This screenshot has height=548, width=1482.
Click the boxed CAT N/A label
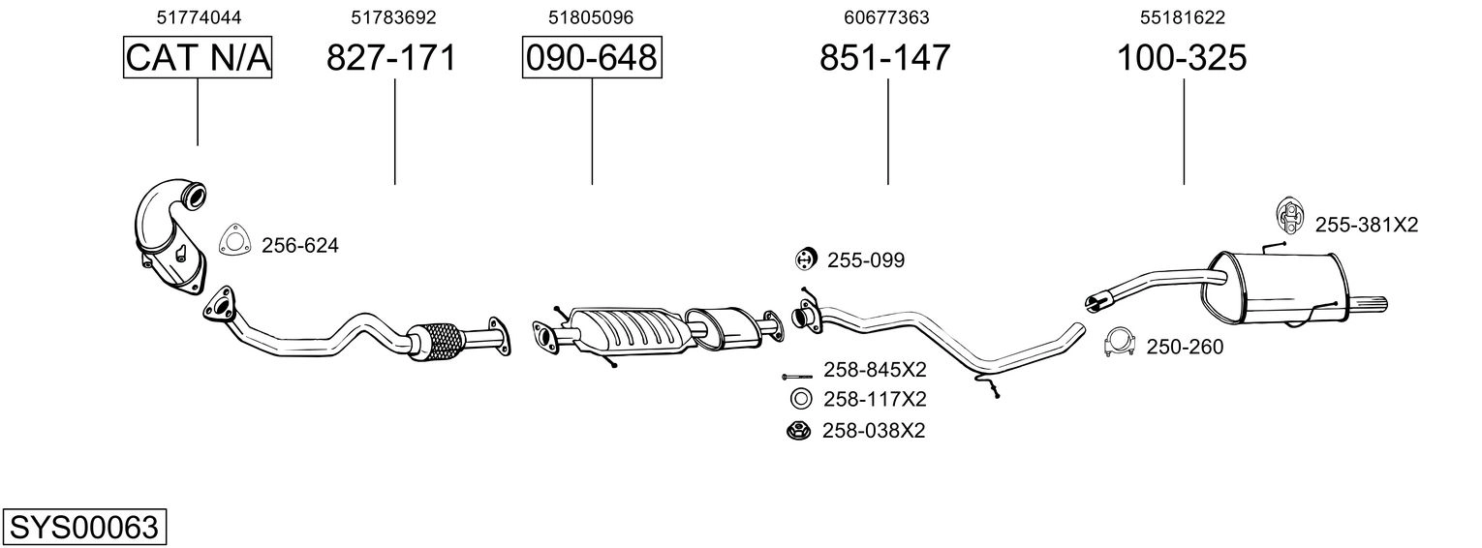pyautogui.click(x=198, y=57)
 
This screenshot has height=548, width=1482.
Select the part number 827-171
pyautogui.click(x=391, y=57)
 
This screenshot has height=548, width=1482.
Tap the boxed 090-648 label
pyautogui.click(x=592, y=57)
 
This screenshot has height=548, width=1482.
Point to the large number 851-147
pyautogui.click(x=885, y=57)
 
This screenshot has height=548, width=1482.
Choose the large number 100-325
pyautogui.click(x=1182, y=57)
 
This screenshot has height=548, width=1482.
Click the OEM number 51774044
pyautogui.click(x=199, y=17)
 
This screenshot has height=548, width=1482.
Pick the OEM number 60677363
pyautogui.click(x=886, y=17)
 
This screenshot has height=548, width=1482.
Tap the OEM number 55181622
pyautogui.click(x=1183, y=17)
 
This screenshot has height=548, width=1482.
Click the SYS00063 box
pyautogui.click(x=84, y=527)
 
